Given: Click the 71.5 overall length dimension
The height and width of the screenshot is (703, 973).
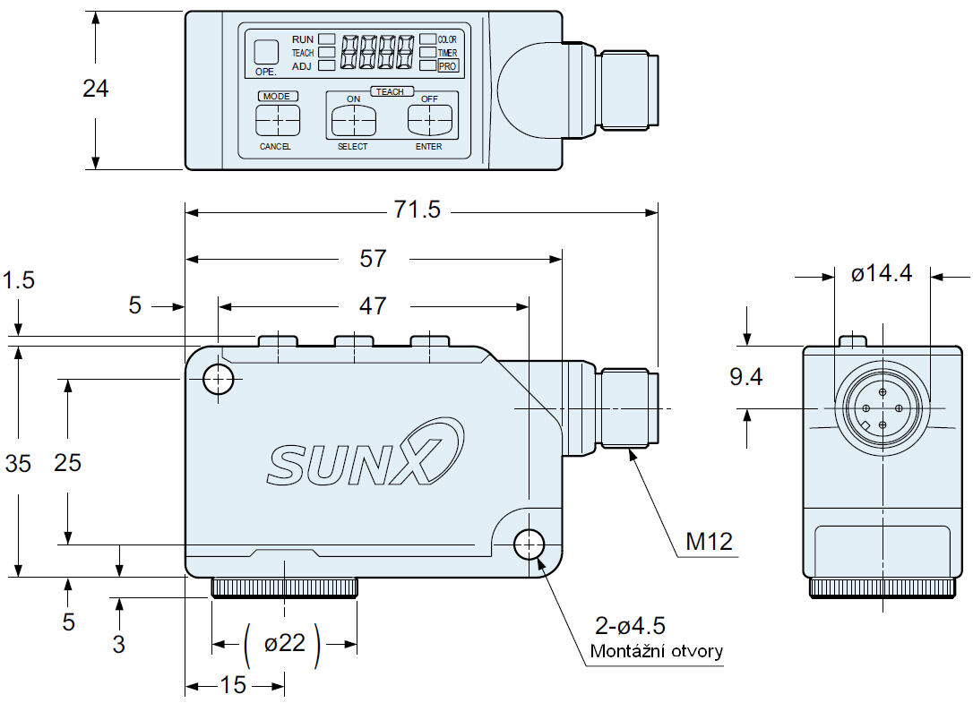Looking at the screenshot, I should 418,210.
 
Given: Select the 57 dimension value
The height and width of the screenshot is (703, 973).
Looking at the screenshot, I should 373,259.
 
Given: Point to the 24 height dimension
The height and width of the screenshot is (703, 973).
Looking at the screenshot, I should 95,89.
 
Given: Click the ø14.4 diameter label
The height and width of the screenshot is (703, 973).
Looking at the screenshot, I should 882,273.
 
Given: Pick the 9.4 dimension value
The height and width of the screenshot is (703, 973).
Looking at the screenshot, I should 745,377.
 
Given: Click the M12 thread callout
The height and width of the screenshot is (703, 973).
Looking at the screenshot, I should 709,541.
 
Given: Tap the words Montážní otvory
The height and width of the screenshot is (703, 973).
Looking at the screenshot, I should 656,651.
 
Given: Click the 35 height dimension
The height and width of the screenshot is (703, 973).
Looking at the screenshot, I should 18,464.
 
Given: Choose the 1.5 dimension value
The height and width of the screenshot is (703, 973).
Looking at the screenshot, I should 18,280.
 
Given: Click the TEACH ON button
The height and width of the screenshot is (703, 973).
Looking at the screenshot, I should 353,119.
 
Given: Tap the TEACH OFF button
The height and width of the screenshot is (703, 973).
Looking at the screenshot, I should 430,119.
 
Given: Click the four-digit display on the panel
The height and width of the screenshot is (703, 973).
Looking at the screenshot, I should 379,52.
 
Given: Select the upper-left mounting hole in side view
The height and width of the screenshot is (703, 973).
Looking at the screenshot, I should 218,380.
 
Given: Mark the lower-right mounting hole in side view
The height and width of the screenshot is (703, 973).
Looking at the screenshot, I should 530,544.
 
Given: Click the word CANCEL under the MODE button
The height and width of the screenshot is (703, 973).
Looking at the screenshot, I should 275,147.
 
